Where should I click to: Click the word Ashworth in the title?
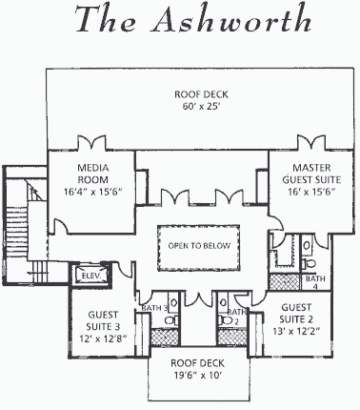pyautogui.click(x=230, y=19)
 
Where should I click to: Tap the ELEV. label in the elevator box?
pyautogui.click(x=91, y=276)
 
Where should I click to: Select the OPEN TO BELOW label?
pyautogui.click(x=199, y=246)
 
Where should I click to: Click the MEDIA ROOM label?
pyautogui.click(x=93, y=174)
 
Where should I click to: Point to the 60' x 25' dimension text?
pyautogui.click(x=201, y=107)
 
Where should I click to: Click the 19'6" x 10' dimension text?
pyautogui.click(x=197, y=376)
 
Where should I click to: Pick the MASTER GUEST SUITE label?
pyautogui.click(x=311, y=174)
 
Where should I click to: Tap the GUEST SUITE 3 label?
pyautogui.click(x=103, y=320)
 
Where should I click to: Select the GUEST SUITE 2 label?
pyautogui.click(x=296, y=313)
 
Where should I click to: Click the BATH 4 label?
pyautogui.click(x=315, y=282)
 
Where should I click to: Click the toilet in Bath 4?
pyautogui.click(x=309, y=263)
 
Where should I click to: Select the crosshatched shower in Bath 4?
pyautogui.click(x=285, y=282)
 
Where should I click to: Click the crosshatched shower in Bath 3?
pyautogui.click(x=165, y=337)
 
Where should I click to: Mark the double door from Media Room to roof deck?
pyautogui.click(x=91, y=142)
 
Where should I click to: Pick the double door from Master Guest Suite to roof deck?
pyautogui.click(x=311, y=142)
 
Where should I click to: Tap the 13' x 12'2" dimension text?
pyautogui.click(x=296, y=331)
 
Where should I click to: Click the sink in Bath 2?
pyautogui.click(x=223, y=301)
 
